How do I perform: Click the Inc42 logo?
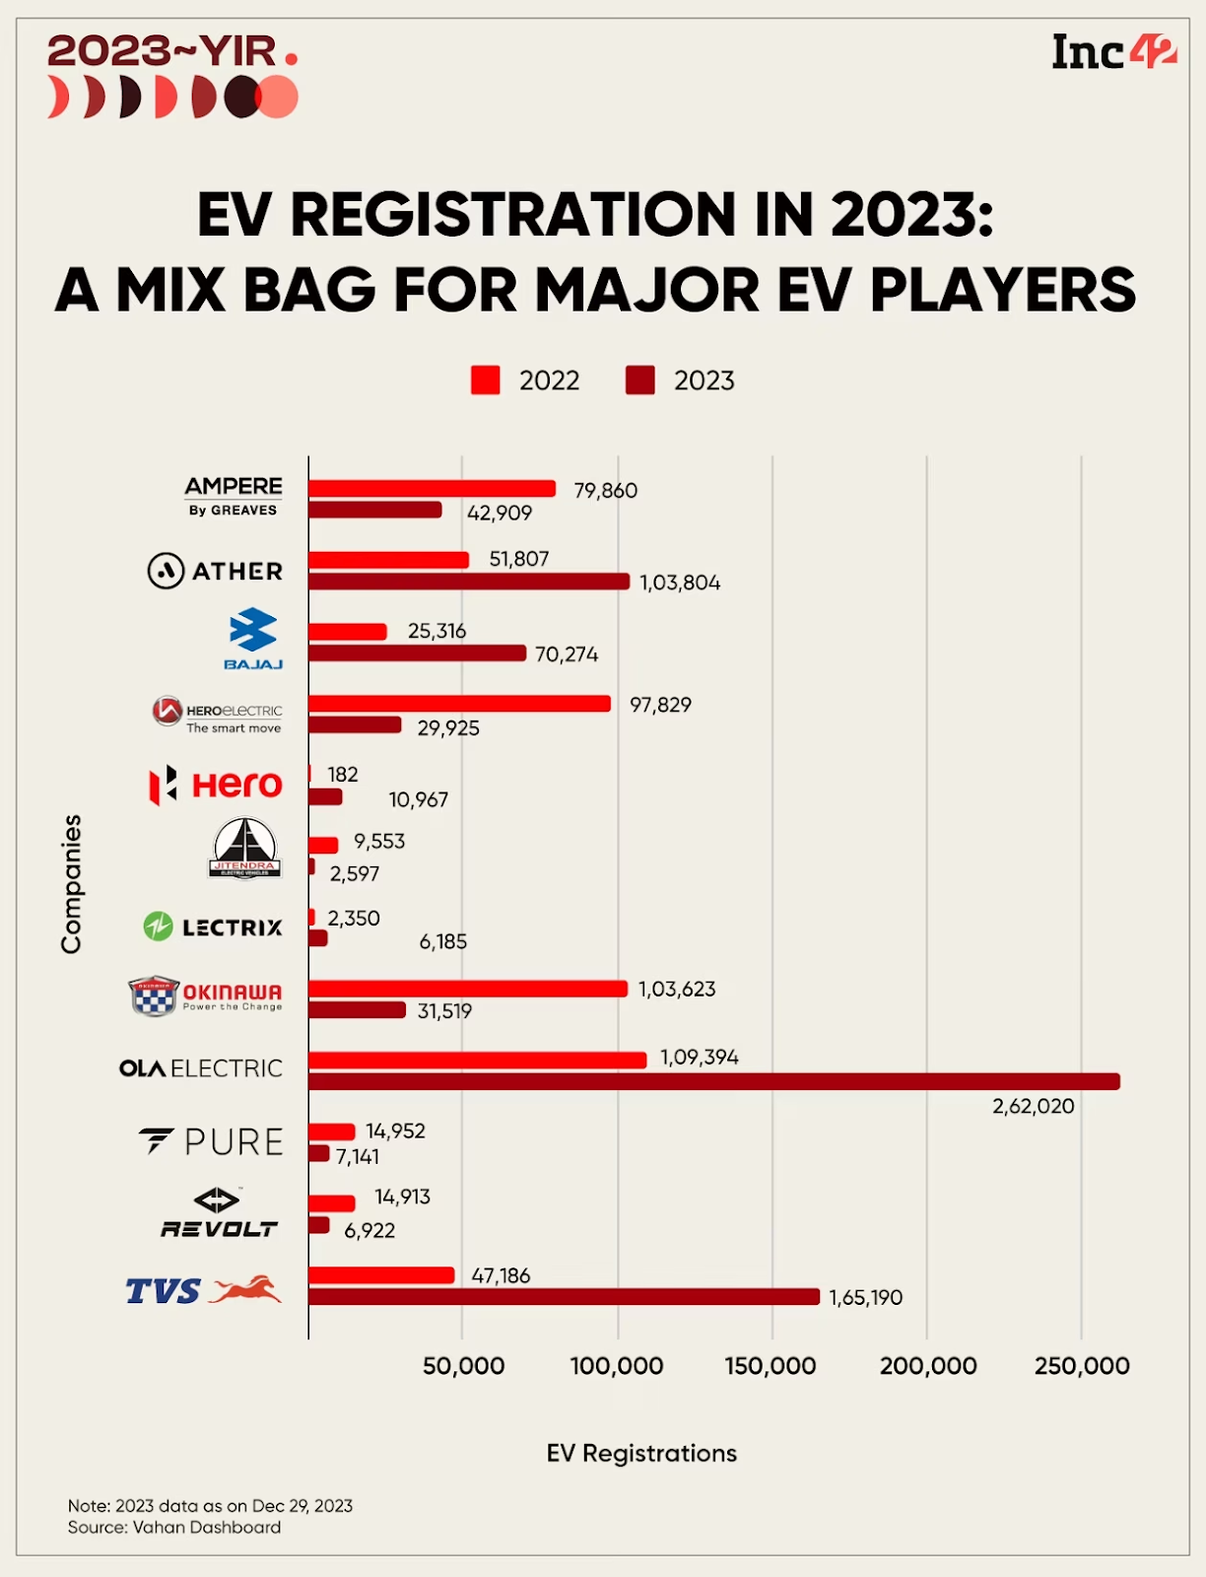tap(1113, 52)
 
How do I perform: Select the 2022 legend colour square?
tap(486, 380)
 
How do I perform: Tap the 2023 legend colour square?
tap(640, 380)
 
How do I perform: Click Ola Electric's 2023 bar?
tap(713, 1082)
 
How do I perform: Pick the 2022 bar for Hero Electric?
tap(459, 704)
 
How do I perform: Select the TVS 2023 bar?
tap(564, 1297)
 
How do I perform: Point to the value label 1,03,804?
tap(680, 583)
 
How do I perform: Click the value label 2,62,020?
tap(1033, 1106)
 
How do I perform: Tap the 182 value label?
tap(343, 775)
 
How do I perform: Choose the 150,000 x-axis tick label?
tap(770, 1366)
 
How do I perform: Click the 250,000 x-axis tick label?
tap(1081, 1366)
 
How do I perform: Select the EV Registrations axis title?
tap(641, 1453)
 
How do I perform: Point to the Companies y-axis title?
tap(71, 883)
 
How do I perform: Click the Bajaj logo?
tap(253, 639)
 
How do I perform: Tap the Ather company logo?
tap(215, 571)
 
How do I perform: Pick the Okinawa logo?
tap(205, 995)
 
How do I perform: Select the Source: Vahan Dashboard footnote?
tap(174, 1527)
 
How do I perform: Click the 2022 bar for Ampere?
tap(432, 489)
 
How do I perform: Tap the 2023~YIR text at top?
tap(163, 51)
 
